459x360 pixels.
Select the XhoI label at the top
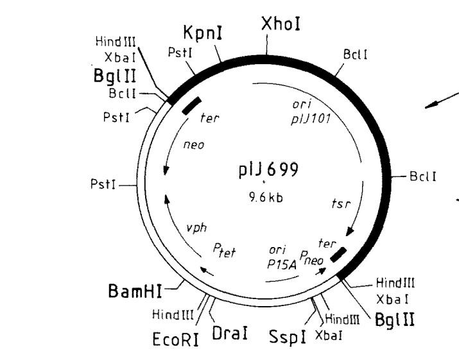click(281, 24)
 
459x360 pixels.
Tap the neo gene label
click(193, 145)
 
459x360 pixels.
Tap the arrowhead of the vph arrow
click(168, 198)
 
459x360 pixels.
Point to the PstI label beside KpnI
click(177, 53)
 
